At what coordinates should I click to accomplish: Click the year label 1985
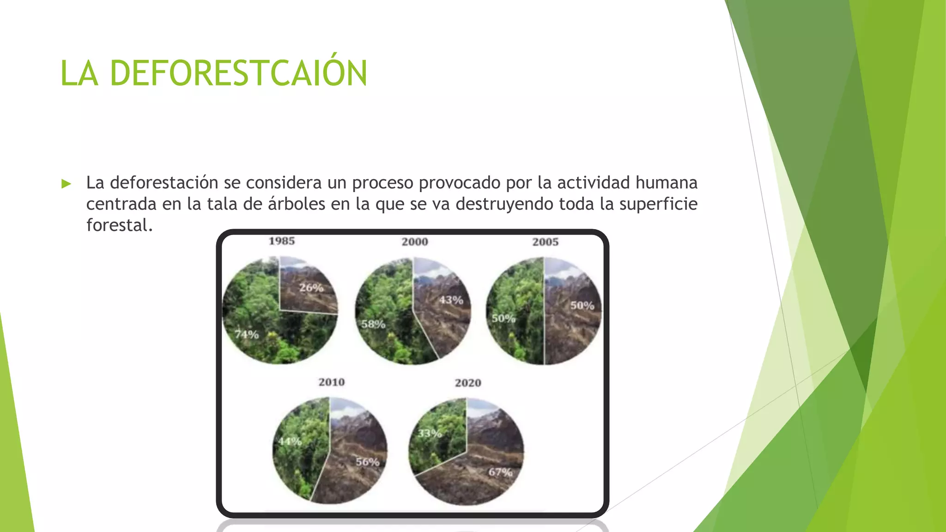[x=282, y=241]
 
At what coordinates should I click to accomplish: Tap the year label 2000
[x=415, y=242]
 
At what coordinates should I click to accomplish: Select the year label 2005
[x=546, y=242]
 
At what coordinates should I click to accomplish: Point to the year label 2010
[x=332, y=382]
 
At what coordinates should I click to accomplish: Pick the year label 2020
[x=468, y=383]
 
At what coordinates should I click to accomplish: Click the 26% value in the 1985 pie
[x=311, y=288]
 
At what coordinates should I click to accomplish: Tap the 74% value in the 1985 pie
[x=247, y=334]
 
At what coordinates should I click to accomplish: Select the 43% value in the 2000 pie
[x=451, y=300]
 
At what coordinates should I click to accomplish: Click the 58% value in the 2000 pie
[x=373, y=324]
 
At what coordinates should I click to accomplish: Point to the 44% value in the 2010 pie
[x=290, y=441]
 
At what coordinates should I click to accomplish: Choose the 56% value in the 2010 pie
[x=368, y=462]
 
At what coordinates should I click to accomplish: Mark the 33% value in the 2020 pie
[x=430, y=434]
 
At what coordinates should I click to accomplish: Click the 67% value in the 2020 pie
[x=501, y=472]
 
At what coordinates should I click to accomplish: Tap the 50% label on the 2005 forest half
[x=503, y=318]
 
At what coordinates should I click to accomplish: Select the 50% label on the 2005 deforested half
[x=582, y=305]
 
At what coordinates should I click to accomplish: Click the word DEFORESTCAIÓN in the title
[x=238, y=73]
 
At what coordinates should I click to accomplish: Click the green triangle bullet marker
[x=67, y=184]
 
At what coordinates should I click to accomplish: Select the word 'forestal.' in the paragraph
[x=119, y=225]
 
